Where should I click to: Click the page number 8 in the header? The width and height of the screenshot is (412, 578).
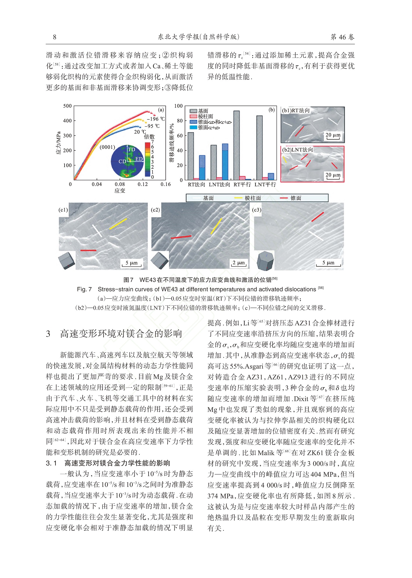coord(55,37)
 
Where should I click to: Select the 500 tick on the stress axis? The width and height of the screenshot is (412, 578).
coord(67,106)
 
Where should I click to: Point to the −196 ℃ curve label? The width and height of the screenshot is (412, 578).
coord(156,119)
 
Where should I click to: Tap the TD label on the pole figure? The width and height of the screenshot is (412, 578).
coord(131,150)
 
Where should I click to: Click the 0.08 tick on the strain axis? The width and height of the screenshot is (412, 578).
coord(120,184)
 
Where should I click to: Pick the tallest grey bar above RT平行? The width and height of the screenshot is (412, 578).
coord(237,145)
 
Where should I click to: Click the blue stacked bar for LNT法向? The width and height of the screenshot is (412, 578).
coord(225,162)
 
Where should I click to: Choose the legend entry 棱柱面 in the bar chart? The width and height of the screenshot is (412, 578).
coord(205,117)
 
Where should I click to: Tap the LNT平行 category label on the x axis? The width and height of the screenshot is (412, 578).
coord(265,185)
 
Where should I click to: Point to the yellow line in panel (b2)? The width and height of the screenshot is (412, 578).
coord(285,159)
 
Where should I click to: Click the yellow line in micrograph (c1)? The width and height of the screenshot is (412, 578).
coord(118,224)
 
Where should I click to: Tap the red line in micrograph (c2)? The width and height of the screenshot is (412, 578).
coord(181,237)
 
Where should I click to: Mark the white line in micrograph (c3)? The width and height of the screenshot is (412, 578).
coord(316,235)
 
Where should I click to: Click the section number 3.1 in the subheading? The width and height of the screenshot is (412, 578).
coord(51,463)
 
